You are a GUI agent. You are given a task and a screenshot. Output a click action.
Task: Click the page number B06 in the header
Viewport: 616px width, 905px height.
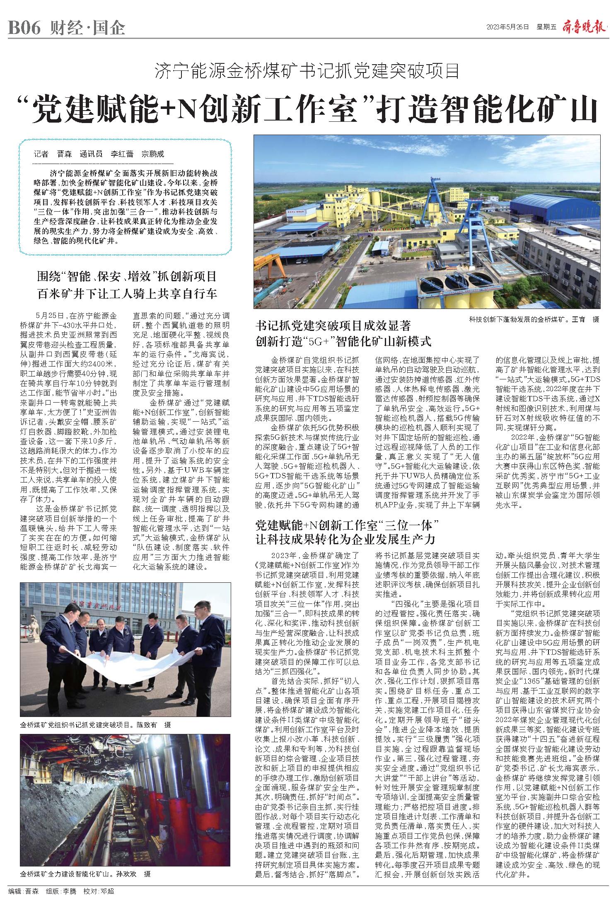pyautogui.click(x=24, y=28)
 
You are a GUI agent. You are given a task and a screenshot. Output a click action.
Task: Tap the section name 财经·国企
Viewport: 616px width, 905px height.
pyautogui.click(x=88, y=28)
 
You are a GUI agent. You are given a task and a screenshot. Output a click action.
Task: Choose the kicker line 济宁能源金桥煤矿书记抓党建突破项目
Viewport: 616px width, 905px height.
pyautogui.click(x=308, y=72)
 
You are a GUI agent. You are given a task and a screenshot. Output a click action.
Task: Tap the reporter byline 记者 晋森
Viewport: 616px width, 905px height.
pyautogui.click(x=53, y=154)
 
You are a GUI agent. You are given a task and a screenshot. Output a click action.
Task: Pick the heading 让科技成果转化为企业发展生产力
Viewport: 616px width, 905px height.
pyautogui.click(x=345, y=539)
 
